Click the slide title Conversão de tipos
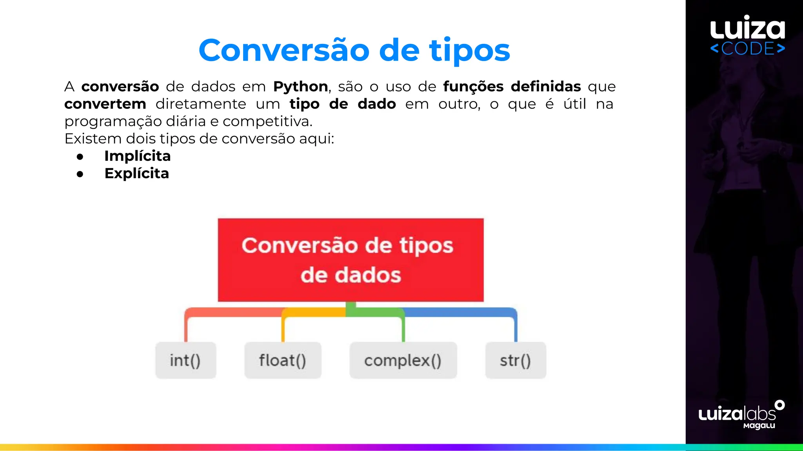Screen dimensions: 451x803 coord(354,51)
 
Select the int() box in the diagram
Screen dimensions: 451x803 coord(185,360)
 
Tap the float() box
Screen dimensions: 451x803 coord(283,360)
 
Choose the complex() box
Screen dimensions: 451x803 coord(403,360)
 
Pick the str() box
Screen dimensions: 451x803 coord(516,360)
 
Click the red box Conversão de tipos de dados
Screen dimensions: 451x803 coord(351,260)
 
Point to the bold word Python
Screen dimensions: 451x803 coord(300,87)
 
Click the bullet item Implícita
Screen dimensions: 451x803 coord(137,156)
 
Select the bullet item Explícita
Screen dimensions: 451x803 coord(136,173)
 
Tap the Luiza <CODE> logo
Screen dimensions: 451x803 coord(747,35)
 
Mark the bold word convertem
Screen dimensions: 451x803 coord(105,104)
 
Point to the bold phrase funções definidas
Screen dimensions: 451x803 coord(512,87)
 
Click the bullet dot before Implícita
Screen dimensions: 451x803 coord(80,157)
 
